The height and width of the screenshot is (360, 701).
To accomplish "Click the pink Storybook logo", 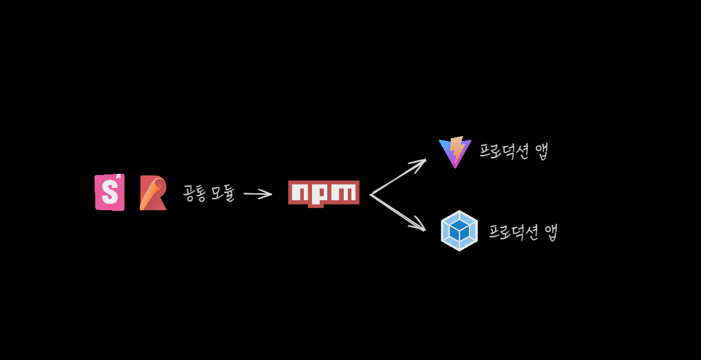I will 109,192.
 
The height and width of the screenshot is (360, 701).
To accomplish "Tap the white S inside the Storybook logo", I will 110,192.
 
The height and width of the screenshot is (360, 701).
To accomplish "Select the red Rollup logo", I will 153,193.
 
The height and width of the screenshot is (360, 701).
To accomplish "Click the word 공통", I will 194,193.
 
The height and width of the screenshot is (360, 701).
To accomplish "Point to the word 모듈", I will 223,193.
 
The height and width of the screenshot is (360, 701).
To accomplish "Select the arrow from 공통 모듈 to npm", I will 257,194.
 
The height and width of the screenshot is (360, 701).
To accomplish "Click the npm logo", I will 324,193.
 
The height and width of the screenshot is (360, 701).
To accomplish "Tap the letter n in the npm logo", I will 300,193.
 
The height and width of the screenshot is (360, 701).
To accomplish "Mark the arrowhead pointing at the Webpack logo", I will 420,226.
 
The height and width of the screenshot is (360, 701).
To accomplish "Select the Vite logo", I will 455,152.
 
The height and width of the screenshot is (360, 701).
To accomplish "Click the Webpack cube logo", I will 459,231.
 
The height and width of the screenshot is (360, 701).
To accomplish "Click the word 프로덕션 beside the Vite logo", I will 504,151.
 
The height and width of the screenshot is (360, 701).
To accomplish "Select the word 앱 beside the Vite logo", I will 541,152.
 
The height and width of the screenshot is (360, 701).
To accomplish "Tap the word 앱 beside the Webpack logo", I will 551,232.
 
